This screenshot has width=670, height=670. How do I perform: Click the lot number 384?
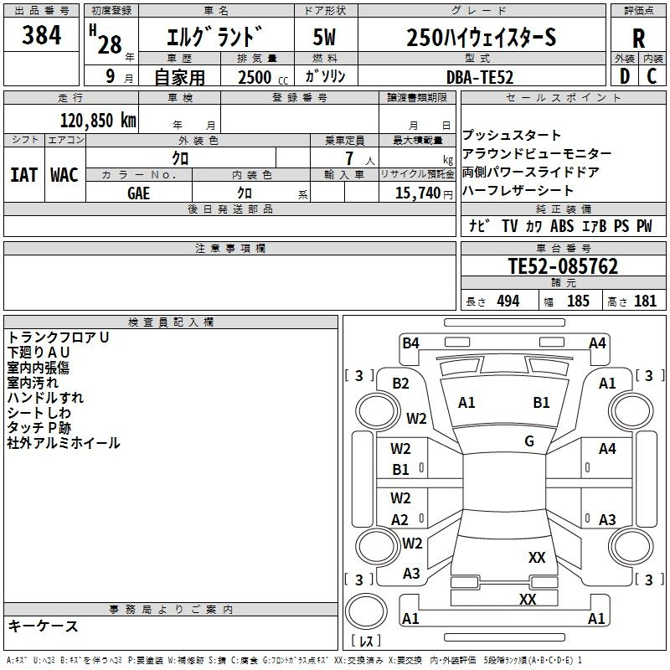click(41, 34)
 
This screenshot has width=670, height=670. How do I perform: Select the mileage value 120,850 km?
click(98, 121)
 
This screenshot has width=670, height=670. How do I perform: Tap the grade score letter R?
click(638, 39)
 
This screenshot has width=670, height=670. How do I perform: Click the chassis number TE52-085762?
click(563, 266)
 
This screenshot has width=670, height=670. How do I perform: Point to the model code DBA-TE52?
click(479, 77)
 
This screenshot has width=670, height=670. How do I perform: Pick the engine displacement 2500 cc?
click(263, 77)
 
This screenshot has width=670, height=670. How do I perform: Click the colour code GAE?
click(138, 193)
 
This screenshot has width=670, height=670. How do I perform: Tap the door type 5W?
click(324, 37)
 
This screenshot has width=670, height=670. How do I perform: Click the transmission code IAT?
click(24, 175)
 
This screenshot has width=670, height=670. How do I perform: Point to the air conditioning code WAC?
click(64, 175)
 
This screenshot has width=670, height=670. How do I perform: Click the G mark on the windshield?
click(529, 441)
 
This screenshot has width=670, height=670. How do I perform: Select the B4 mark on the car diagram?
click(410, 343)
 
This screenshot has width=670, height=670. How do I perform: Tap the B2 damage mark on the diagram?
click(400, 384)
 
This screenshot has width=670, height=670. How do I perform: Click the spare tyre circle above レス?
click(366, 611)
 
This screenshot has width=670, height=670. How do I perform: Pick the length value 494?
click(508, 301)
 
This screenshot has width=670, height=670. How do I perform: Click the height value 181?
click(645, 301)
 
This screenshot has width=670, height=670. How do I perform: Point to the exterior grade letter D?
click(625, 76)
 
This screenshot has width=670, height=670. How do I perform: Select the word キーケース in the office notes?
click(44, 626)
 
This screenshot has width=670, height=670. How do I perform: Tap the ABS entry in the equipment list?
click(562, 226)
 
